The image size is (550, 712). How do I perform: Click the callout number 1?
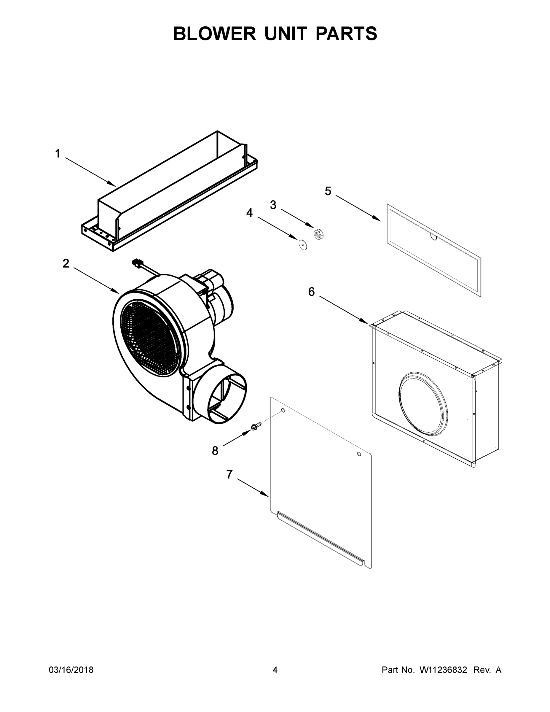pyautogui.click(x=58, y=154)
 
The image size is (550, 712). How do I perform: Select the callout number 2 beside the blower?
pyautogui.click(x=66, y=263)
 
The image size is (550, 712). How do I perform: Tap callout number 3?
pyautogui.click(x=273, y=205)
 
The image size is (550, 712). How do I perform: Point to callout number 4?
pyautogui.click(x=249, y=213)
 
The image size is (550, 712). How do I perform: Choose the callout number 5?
pyautogui.click(x=328, y=191)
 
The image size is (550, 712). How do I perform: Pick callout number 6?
pyautogui.click(x=312, y=292)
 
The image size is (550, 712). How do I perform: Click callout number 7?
pyautogui.click(x=229, y=475)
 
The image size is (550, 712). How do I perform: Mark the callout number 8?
pyautogui.click(x=215, y=451)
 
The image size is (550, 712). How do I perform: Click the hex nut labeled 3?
pyautogui.click(x=318, y=234)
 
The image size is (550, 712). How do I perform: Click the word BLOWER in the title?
pyautogui.click(x=214, y=34)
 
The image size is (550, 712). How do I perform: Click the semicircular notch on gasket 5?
pyautogui.click(x=434, y=237)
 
